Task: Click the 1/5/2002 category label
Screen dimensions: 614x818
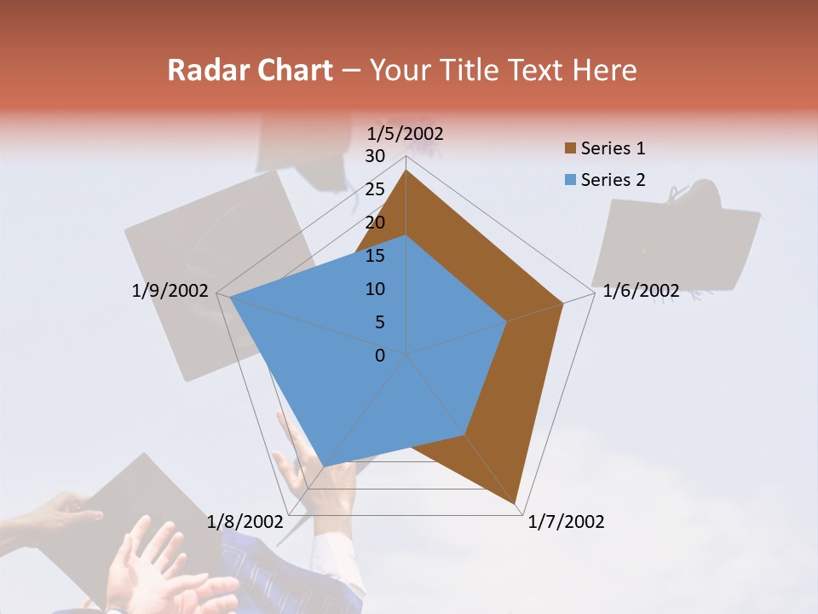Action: [406, 133]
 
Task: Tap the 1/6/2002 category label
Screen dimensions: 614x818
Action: [641, 291]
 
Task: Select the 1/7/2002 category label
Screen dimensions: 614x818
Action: [566, 521]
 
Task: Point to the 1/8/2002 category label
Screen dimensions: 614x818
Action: [245, 521]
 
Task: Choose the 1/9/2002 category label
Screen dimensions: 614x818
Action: [170, 291]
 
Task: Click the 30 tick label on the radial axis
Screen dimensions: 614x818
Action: [375, 156]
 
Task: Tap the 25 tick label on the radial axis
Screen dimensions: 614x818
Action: [375, 189]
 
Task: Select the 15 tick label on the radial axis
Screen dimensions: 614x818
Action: [375, 256]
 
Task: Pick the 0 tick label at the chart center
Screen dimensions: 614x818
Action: [380, 356]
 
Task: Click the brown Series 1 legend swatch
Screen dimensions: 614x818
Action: [570, 149]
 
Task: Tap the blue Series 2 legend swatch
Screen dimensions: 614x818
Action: [570, 180]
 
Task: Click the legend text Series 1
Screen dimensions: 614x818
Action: [613, 148]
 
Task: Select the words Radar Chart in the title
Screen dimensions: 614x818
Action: [250, 70]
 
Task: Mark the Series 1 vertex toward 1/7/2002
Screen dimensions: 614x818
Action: [516, 504]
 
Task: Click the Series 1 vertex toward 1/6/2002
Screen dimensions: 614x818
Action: [563, 303]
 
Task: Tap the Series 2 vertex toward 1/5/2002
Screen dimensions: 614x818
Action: [406, 235]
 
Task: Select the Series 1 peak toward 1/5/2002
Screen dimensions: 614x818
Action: [406, 170]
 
